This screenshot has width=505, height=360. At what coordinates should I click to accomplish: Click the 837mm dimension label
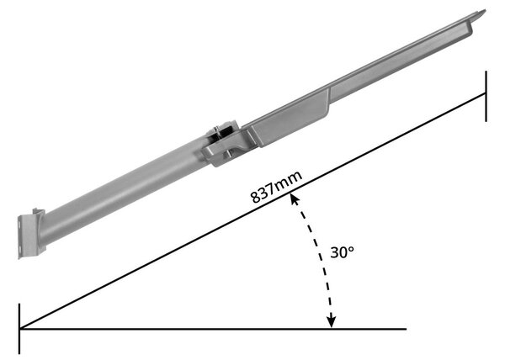click(276, 188)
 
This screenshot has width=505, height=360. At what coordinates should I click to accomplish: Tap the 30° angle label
click(342, 252)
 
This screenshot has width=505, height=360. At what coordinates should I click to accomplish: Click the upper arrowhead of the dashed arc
click(295, 199)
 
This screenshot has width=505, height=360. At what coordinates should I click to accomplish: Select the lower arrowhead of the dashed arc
click(331, 321)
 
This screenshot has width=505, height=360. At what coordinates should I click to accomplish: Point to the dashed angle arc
click(321, 257)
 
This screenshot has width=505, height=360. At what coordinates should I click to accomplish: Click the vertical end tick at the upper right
click(486, 96)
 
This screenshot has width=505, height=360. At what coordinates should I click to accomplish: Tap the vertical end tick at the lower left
click(19, 329)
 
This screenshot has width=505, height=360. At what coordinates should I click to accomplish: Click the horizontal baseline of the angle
click(213, 329)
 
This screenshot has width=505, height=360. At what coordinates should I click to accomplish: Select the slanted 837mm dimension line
click(252, 211)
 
